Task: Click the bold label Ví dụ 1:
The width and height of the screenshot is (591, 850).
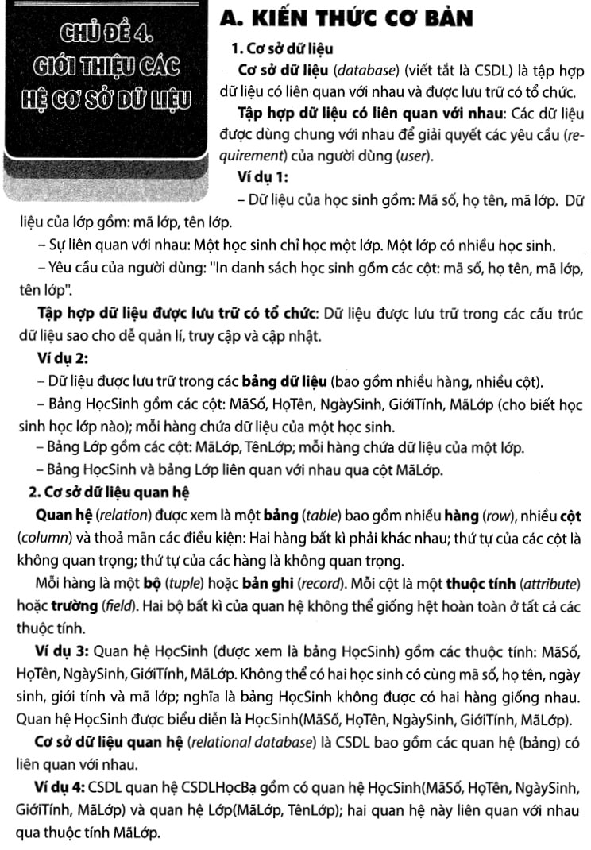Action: point(263,176)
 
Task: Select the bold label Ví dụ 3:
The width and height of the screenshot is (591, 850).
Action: point(62,653)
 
